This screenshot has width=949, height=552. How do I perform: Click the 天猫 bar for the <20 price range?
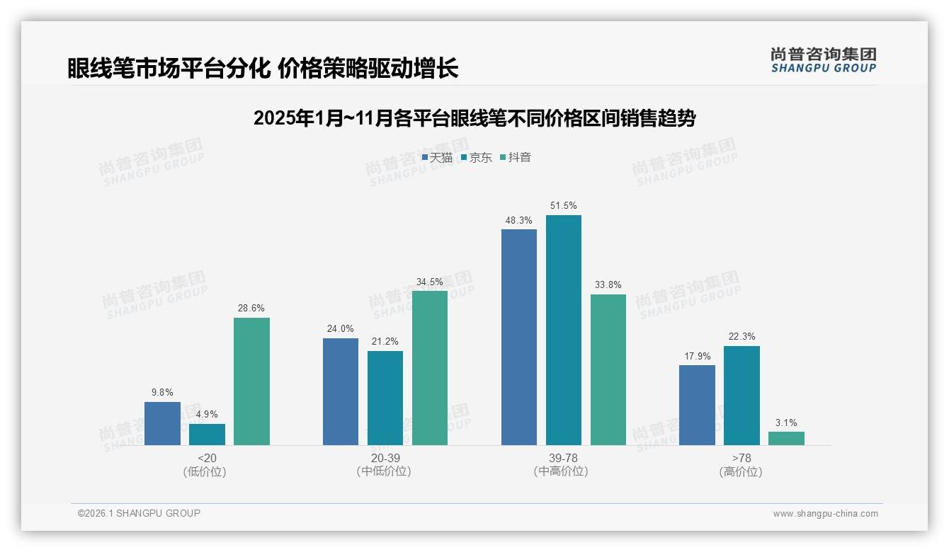tap(162, 423)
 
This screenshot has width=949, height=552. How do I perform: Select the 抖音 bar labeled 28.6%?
tap(251, 381)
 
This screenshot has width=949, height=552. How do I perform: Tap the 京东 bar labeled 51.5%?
tap(563, 330)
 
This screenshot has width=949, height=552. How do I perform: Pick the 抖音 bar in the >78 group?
tap(786, 438)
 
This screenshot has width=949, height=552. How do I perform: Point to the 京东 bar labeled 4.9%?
tap(207, 435)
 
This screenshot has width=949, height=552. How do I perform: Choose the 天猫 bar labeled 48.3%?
tap(518, 337)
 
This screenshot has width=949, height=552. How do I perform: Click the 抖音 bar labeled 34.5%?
tap(430, 368)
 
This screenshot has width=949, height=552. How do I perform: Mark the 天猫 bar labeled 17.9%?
tap(697, 405)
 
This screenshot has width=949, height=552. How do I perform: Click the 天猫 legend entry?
tap(437, 157)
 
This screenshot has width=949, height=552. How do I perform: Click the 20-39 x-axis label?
tap(385, 458)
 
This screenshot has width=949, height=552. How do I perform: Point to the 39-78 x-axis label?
tap(562, 458)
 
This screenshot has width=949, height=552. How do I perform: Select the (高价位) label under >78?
tap(741, 471)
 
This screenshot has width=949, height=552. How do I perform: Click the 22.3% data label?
tap(741, 336)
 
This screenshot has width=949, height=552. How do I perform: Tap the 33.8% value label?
tap(608, 284)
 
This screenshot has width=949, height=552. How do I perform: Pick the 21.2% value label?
tap(385, 341)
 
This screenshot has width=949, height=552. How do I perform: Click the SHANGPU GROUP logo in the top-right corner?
tap(823, 60)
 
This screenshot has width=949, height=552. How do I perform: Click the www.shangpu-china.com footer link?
tap(825, 514)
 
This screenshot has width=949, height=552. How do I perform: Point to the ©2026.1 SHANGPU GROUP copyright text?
tap(139, 513)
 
